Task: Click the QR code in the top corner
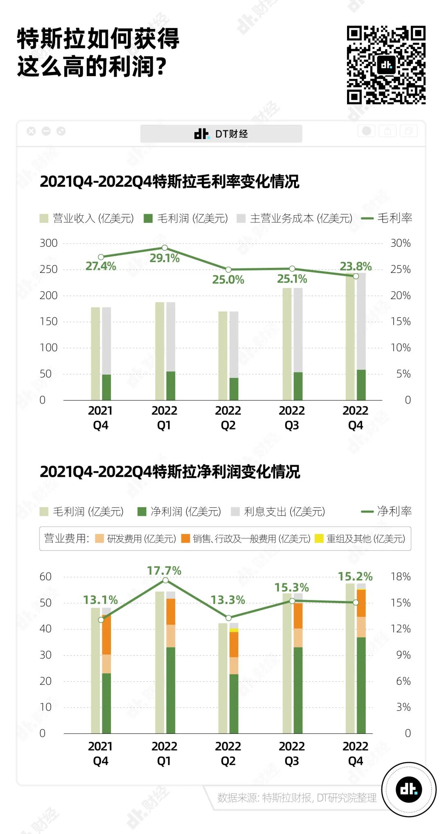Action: [386, 65]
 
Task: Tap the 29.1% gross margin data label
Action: [165, 258]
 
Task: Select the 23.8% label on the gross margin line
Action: [356, 266]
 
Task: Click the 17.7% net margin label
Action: [164, 571]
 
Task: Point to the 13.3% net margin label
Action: [228, 600]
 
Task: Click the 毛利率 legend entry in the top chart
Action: [387, 218]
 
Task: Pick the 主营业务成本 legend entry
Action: [295, 218]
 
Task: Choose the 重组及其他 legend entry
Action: [360, 539]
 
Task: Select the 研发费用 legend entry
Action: [135, 539]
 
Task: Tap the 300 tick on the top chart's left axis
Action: [48, 243]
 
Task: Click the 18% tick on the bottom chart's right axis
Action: [400, 577]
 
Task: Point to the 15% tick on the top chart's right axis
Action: [400, 321]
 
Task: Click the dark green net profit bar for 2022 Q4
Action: [361, 685]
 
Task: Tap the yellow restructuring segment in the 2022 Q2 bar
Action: [234, 630]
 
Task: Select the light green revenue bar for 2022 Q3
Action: [287, 344]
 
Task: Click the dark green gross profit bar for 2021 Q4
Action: [106, 387]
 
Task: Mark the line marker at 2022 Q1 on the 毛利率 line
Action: [165, 248]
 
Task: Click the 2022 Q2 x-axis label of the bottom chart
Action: [228, 753]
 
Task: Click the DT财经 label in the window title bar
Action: [221, 134]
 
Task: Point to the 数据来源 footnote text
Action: [297, 798]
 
